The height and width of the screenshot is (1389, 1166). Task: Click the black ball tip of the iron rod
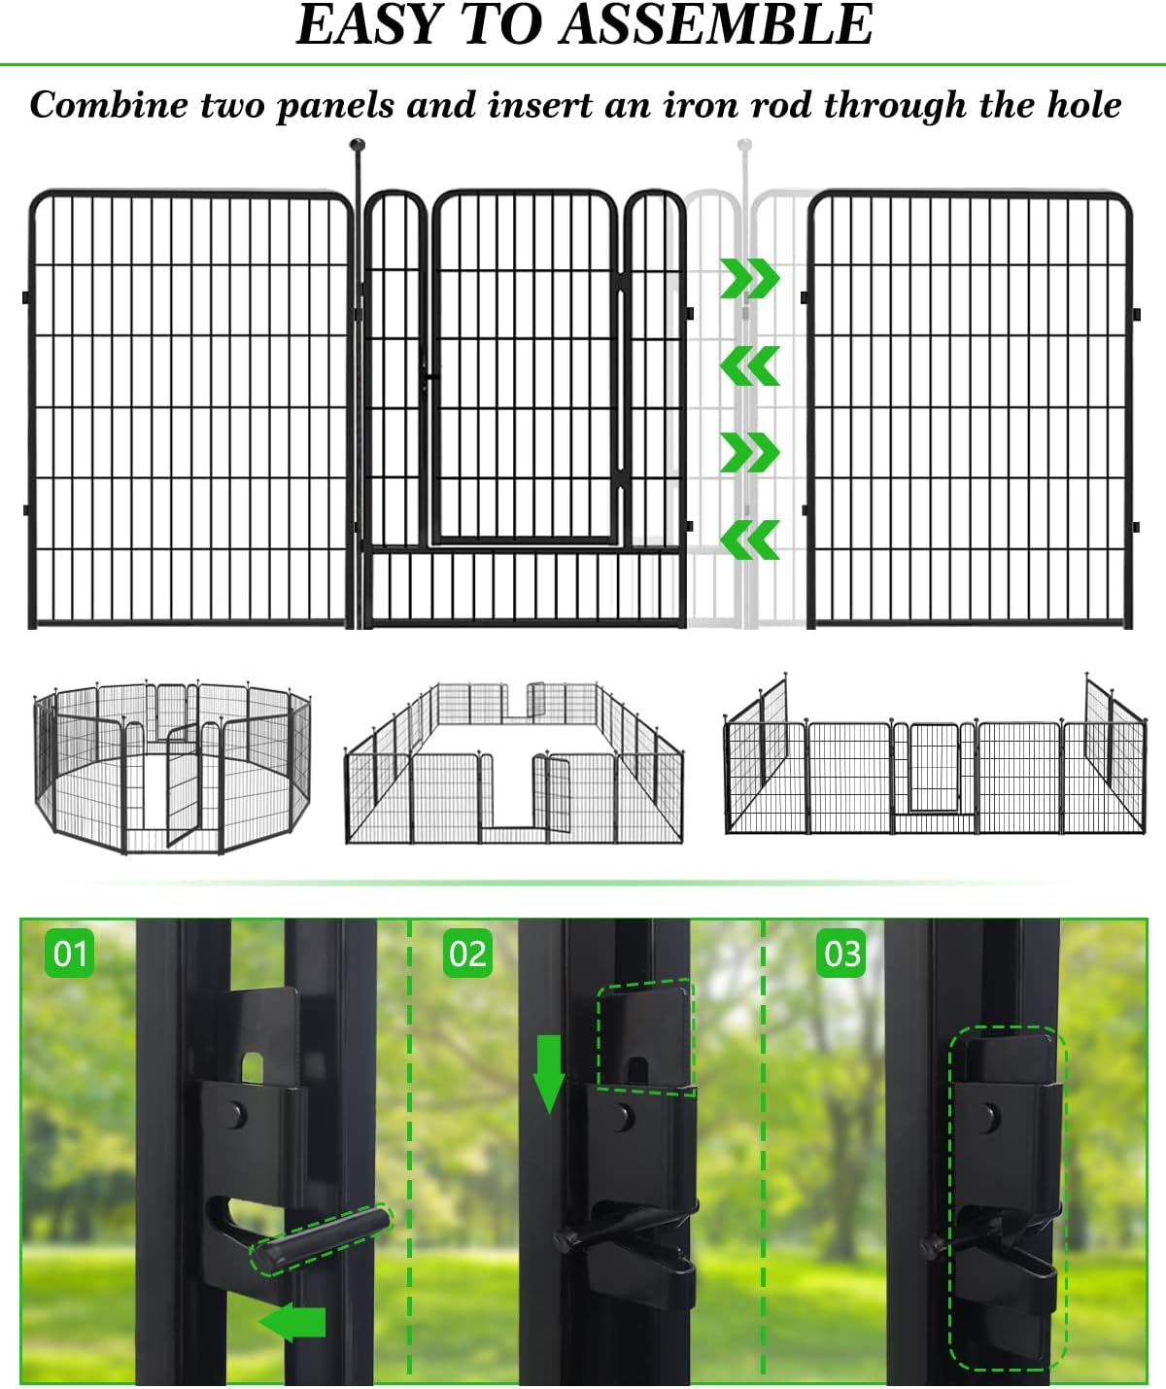click(x=358, y=147)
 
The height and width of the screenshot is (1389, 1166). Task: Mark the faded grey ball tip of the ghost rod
click(x=744, y=147)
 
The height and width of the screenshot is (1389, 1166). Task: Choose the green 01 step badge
click(x=70, y=954)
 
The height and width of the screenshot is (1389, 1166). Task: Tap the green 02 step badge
click(x=467, y=954)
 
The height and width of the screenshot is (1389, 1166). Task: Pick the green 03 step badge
click(x=841, y=954)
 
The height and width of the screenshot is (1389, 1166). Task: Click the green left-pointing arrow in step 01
click(x=292, y=1323)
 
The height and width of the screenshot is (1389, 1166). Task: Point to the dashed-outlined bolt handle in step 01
click(x=322, y=1237)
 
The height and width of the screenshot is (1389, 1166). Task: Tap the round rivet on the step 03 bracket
click(x=990, y=1115)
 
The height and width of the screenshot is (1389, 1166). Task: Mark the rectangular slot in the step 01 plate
click(x=253, y=1066)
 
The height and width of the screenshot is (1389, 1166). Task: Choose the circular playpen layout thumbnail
click(x=173, y=768)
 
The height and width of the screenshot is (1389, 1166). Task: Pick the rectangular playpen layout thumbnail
click(x=514, y=763)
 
